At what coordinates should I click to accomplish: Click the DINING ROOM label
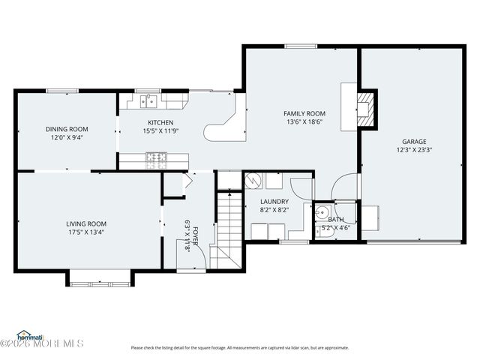(67, 129)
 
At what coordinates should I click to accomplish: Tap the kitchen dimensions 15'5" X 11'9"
(160, 132)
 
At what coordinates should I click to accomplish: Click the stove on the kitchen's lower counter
(156, 157)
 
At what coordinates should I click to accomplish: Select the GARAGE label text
(414, 141)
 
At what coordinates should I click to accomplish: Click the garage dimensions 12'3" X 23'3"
(414, 150)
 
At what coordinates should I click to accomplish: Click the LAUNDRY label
(274, 202)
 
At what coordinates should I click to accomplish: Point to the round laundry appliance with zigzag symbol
(253, 181)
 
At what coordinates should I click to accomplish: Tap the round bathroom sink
(322, 211)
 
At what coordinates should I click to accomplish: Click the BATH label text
(337, 220)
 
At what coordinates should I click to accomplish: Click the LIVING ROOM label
(86, 223)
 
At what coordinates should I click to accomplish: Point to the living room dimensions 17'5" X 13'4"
(86, 232)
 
